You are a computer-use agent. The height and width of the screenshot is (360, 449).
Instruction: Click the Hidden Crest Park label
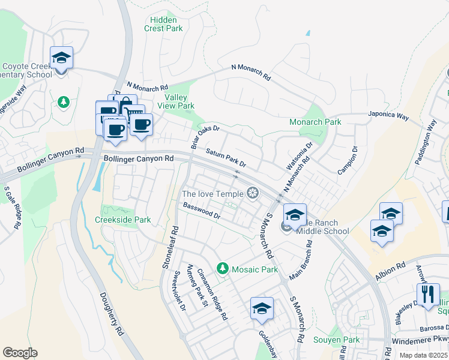click(x=164, y=24)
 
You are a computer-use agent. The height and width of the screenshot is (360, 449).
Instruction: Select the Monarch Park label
click(x=315, y=122)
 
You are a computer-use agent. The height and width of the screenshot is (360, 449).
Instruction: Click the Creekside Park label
click(x=122, y=220)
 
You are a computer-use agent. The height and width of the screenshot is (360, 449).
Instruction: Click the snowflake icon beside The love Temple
click(x=253, y=193)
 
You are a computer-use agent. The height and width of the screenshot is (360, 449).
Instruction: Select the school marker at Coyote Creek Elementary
click(x=61, y=58)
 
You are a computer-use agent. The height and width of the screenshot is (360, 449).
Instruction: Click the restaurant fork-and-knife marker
click(x=428, y=295)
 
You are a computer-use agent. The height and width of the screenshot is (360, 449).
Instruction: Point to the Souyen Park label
click(x=336, y=340)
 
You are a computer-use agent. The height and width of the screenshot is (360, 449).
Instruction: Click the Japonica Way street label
click(x=389, y=115)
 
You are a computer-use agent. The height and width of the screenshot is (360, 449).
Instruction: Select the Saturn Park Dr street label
click(x=226, y=158)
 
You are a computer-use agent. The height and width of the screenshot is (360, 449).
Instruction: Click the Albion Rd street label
click(x=391, y=268)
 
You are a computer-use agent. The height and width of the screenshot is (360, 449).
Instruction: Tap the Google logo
click(x=20, y=353)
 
